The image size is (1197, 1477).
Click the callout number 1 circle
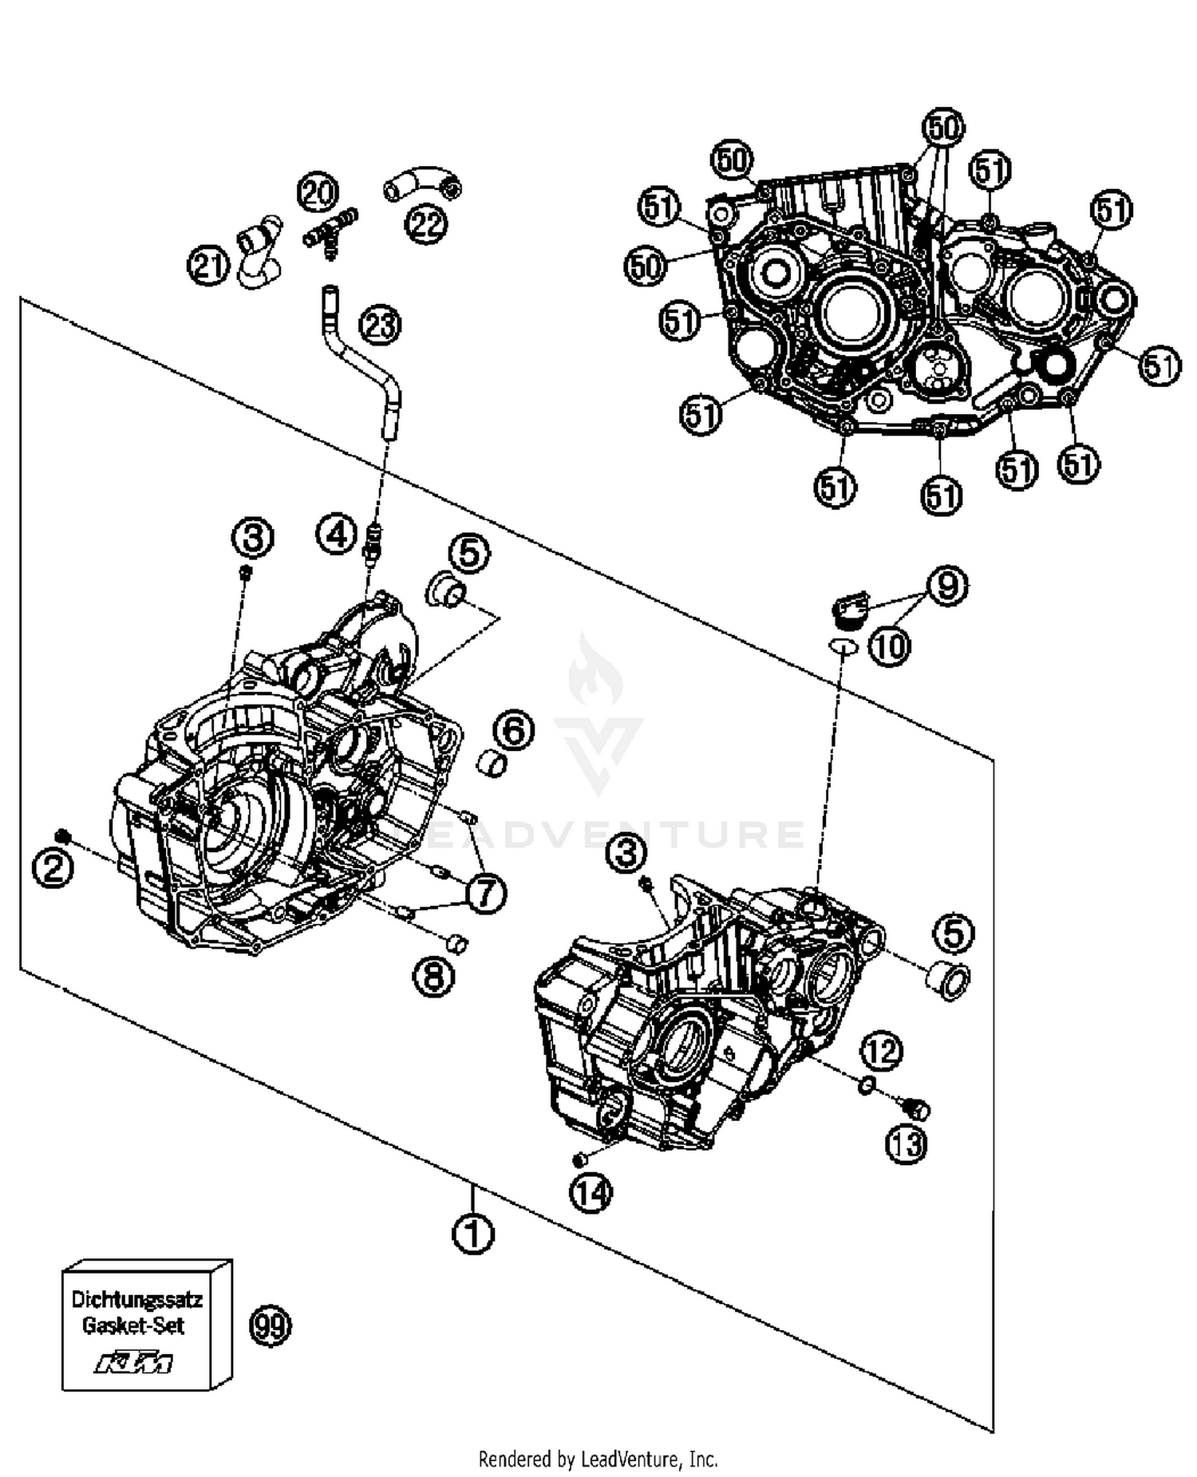coord(473,1233)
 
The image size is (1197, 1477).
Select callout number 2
coord(53,867)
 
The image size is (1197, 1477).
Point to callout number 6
coord(513,729)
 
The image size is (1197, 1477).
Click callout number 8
coord(434,975)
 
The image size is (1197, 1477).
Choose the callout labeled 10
coord(889,645)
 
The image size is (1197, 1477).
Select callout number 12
coord(882,1051)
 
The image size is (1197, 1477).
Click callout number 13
coord(907,1144)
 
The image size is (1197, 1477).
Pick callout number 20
coord(318,192)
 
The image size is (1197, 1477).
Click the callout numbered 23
coord(381,325)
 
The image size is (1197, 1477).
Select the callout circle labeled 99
coord(271,1325)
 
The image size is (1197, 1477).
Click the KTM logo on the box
coord(133,1362)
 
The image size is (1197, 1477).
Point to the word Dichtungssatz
coord(136,1299)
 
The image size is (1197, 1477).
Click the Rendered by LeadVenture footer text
coord(598,1459)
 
